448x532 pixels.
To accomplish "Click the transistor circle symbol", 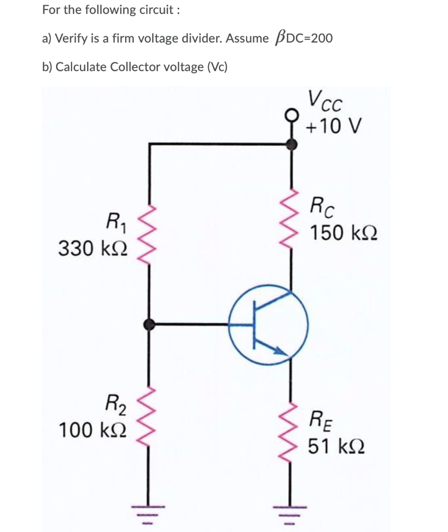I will click(x=269, y=325).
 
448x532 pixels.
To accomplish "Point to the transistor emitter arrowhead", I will click(x=281, y=352).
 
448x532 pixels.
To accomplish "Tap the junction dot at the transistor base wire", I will click(x=150, y=325).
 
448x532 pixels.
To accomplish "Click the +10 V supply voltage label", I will click(x=329, y=126).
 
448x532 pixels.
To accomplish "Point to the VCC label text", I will click(x=323, y=100).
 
